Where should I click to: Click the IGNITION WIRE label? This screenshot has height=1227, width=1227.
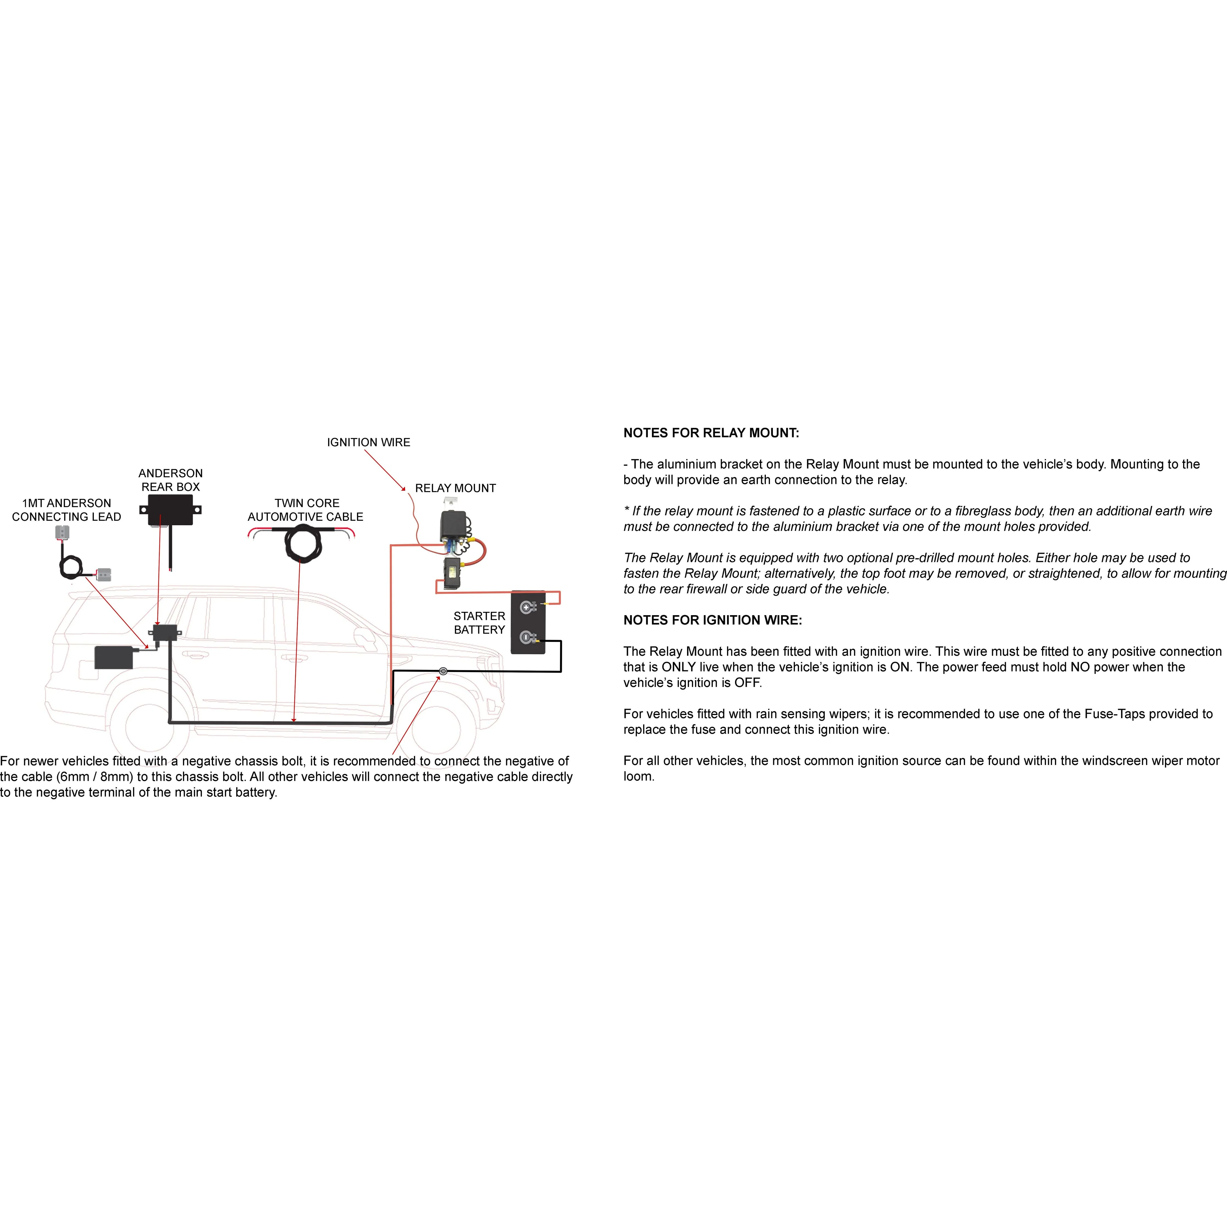point(368,442)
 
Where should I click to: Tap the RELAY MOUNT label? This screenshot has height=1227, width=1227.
point(455,488)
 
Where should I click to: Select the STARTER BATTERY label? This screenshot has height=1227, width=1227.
point(480,622)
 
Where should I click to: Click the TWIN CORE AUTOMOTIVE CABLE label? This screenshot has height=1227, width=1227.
point(305,509)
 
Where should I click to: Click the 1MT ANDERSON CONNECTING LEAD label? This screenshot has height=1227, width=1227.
point(67,509)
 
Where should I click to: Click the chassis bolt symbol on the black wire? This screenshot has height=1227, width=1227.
point(443,671)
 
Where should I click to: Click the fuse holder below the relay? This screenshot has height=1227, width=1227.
point(452,573)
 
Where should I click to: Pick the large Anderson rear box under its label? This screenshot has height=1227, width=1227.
point(170,510)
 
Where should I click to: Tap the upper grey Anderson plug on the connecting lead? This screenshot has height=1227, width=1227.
point(62,532)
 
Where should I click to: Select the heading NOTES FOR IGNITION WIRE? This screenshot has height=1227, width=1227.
point(713,620)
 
